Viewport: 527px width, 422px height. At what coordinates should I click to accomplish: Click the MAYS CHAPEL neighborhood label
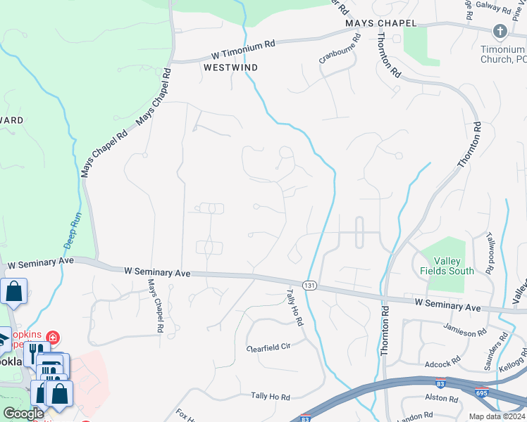tap(381, 23)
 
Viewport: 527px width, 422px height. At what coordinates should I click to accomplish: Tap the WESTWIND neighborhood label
tap(230, 68)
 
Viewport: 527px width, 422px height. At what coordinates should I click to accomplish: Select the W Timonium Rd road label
tap(244, 50)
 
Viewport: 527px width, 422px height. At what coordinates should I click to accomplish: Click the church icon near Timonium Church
tap(500, 31)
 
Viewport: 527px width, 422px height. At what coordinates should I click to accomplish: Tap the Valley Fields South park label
tap(447, 265)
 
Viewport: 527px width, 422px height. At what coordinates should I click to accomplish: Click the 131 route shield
tap(309, 285)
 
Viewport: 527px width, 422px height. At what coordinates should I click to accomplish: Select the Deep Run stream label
tap(73, 230)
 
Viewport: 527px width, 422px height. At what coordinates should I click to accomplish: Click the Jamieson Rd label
tap(466, 328)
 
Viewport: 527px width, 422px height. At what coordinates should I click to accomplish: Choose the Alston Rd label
tap(442, 397)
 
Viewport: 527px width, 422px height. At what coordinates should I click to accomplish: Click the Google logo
tap(23, 414)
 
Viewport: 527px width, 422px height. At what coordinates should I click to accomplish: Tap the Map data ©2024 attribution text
tap(497, 416)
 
